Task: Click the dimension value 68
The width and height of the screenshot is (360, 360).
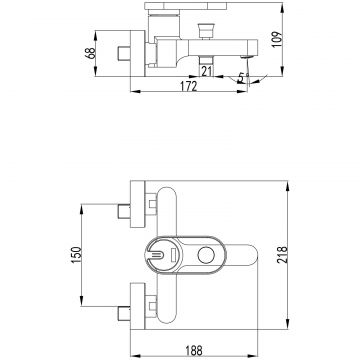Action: point(90,53)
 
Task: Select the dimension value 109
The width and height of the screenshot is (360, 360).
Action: point(277,39)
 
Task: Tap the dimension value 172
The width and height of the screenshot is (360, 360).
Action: point(189,86)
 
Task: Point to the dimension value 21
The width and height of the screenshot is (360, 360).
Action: point(207,71)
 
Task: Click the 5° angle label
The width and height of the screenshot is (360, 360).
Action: point(244,78)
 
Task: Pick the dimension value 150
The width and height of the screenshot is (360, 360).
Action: point(76,254)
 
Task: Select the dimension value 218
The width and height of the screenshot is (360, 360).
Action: point(282,254)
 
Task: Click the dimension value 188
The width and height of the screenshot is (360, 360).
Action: point(194,350)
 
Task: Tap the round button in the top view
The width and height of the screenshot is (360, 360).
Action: point(206,255)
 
